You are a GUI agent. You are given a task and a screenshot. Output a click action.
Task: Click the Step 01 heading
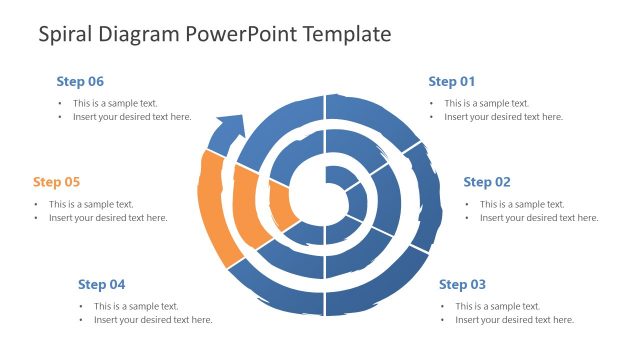[x=451, y=81]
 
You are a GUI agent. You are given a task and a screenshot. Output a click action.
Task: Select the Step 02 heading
[x=487, y=182]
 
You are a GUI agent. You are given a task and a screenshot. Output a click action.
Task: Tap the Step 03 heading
[x=462, y=284]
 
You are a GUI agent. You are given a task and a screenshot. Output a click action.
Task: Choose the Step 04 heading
[x=101, y=284]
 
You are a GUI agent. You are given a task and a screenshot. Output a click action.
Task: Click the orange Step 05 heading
[x=56, y=182]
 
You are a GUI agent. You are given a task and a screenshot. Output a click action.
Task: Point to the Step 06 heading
[x=80, y=81]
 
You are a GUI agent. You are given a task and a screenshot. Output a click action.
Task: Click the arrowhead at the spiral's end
[x=230, y=127]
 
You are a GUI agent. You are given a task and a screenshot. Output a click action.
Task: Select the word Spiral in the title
[x=68, y=35]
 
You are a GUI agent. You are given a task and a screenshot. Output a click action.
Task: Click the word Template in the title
[x=342, y=35]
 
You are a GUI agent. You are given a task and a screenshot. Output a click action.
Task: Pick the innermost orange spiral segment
[x=283, y=206]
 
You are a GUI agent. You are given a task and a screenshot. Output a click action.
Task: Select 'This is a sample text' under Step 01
[x=487, y=103]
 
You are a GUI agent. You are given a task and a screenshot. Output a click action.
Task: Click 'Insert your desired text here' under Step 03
[x=514, y=320]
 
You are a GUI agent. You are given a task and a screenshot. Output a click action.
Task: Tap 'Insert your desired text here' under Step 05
[x=108, y=218]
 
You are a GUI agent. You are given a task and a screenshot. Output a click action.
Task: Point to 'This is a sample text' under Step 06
[x=115, y=103]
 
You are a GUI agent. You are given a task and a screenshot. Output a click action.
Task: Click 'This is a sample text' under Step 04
[x=136, y=306]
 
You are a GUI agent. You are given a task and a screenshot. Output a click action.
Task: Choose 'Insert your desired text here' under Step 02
[x=538, y=218]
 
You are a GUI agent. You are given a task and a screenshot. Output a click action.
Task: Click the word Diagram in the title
[x=141, y=35]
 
